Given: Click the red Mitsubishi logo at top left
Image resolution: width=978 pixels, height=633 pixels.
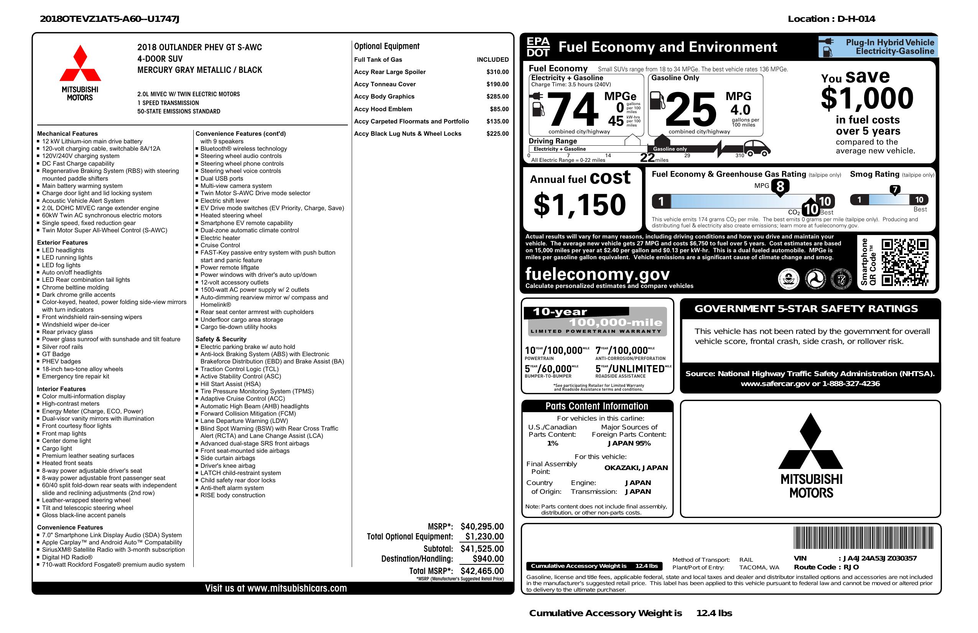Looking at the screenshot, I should pos(80,63).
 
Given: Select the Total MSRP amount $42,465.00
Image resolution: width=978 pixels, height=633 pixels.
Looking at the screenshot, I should pos(482,571).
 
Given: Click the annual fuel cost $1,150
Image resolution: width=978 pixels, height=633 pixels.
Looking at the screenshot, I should pos(580,205).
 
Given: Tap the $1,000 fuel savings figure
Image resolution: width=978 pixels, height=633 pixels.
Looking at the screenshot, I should pos(867,98).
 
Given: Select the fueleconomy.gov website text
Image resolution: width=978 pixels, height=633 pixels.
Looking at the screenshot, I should pos(597,274).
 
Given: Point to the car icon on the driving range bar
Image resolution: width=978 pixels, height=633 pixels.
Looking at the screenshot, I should pos(757,148).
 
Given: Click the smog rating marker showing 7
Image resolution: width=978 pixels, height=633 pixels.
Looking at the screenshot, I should pos(894,190).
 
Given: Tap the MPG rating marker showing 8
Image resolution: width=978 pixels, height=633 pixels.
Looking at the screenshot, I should pos(780,186).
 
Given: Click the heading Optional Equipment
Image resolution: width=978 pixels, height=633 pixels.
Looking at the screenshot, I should pos(387,46).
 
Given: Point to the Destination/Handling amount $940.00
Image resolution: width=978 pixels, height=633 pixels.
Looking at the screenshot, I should pos(488,559).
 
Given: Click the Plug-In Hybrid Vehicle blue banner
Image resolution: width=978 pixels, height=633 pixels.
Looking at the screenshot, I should pos(878,47).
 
